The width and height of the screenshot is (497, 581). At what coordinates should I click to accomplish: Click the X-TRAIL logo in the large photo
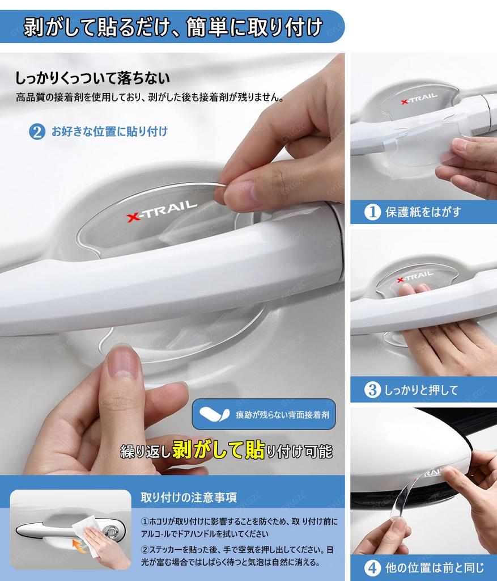click(162, 210)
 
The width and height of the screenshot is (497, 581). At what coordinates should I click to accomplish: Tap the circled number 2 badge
click(37, 132)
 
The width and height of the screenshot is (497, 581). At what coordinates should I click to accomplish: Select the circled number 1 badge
click(372, 212)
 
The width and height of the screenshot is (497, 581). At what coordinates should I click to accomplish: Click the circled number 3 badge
click(372, 390)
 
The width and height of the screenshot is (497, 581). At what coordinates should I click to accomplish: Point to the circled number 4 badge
click(372, 567)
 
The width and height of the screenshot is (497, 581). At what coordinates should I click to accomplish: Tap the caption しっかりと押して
click(421, 390)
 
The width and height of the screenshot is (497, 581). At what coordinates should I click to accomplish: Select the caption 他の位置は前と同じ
click(435, 567)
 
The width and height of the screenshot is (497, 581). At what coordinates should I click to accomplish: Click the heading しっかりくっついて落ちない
click(92, 78)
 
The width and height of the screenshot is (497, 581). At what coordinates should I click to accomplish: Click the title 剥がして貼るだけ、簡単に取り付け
click(173, 27)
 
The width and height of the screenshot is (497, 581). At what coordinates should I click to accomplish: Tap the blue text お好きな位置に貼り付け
click(109, 132)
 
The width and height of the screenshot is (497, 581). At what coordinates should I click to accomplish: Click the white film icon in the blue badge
click(214, 415)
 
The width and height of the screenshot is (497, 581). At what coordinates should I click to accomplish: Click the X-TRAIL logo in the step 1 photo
click(419, 99)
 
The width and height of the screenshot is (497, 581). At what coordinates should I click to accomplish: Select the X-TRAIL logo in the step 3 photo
click(415, 277)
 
